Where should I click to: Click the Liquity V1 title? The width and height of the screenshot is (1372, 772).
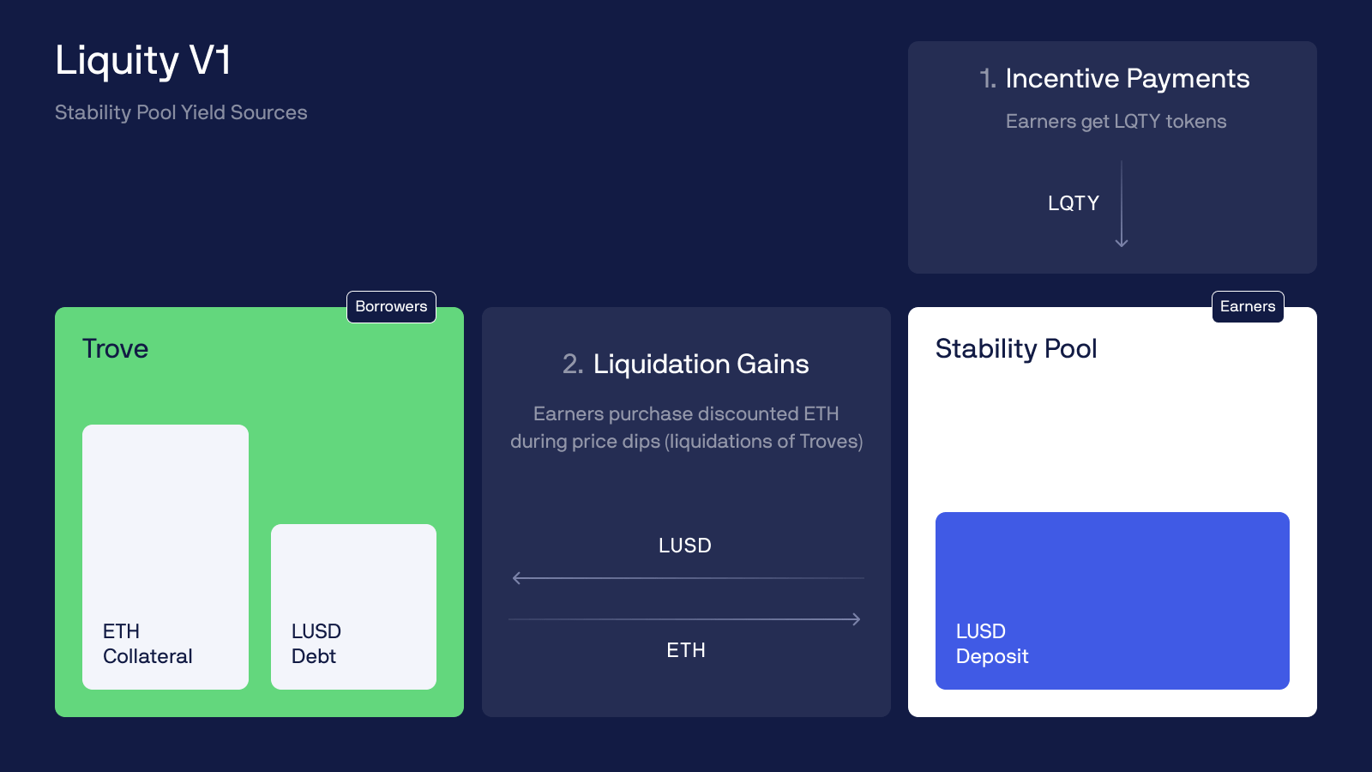pos(143,61)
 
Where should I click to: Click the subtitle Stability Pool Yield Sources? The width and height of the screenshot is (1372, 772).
pos(181,112)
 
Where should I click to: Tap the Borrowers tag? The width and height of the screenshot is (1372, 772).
pos(391,306)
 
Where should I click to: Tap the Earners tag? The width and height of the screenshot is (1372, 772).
pos(1248,306)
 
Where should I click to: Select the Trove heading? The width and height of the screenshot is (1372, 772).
pos(115,349)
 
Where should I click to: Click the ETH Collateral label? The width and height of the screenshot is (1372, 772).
pos(147,643)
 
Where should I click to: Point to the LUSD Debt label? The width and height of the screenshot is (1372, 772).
pos(316,643)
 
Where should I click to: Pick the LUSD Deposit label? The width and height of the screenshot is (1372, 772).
pos(992,643)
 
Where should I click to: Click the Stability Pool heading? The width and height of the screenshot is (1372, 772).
pos(1016,349)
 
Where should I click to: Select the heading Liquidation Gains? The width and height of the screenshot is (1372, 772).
pos(701,365)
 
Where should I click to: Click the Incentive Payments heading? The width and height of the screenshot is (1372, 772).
pos(1127,79)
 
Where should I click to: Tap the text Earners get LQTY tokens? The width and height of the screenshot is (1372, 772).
pos(1116,122)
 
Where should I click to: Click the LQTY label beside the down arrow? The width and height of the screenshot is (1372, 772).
pos(1073,203)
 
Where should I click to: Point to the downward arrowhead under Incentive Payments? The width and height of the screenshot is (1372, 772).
pos(1122,244)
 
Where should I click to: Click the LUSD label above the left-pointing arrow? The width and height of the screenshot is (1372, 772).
pos(685,546)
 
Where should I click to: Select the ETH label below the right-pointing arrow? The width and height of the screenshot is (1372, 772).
pos(686,650)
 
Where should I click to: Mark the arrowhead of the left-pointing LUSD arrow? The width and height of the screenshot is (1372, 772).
pos(515,578)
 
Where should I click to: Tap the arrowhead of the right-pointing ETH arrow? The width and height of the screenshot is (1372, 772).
pos(857,619)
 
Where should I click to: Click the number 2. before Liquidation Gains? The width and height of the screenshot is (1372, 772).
pos(573,365)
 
